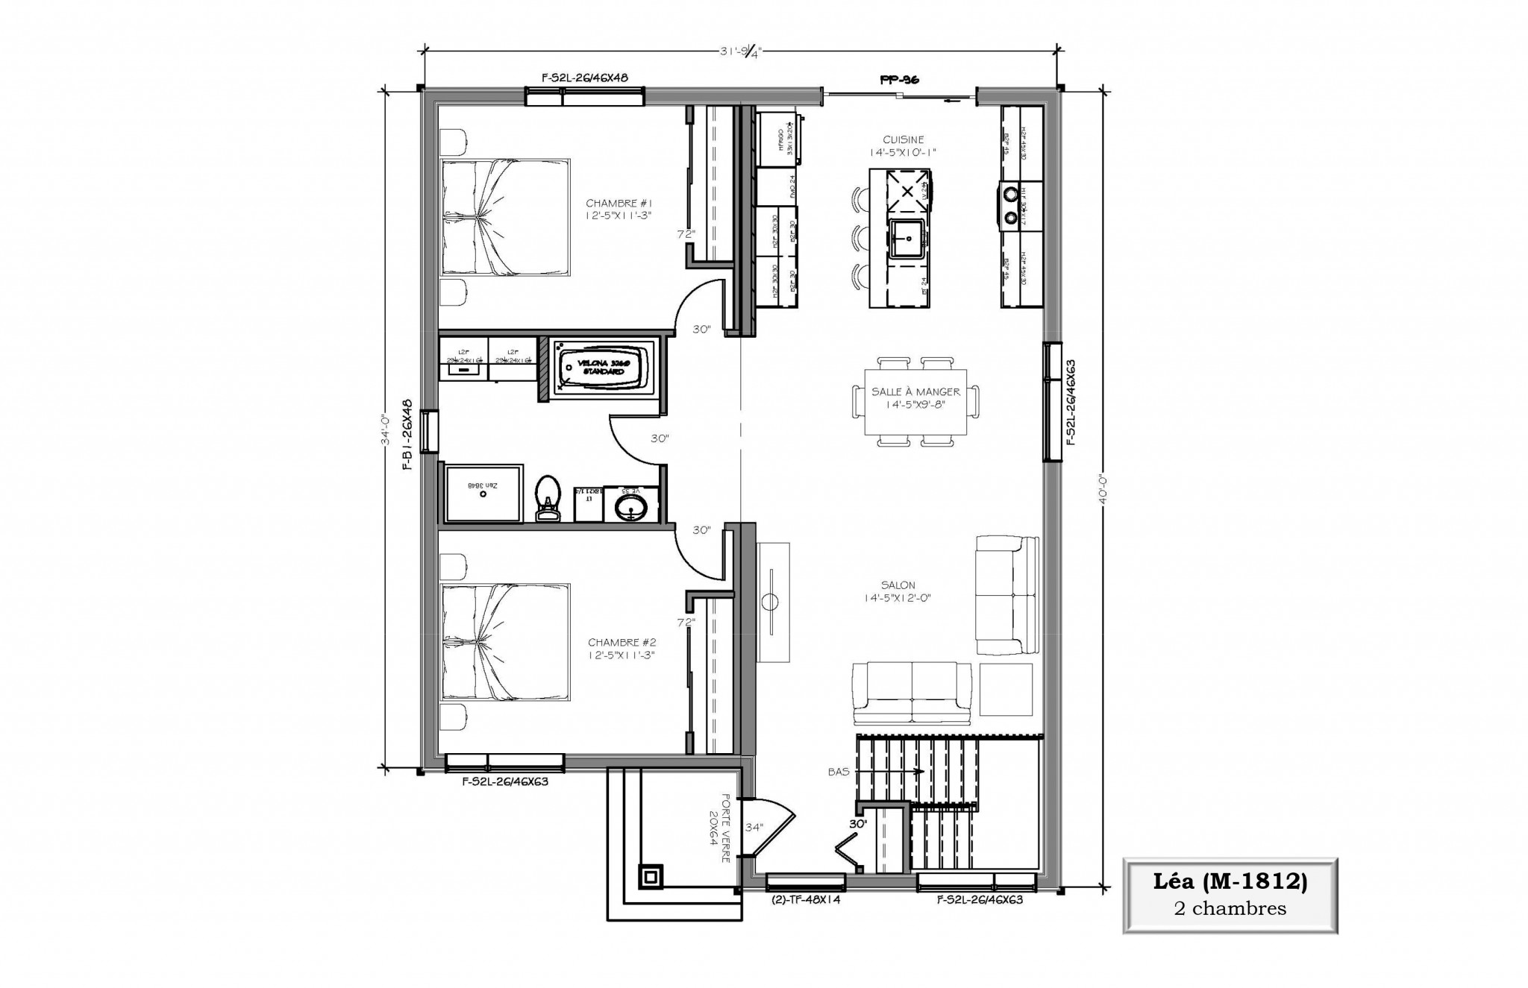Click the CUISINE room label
coord(903,140)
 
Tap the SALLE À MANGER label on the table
coord(915,392)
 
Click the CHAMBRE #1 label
coord(619,203)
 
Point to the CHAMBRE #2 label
coord(621,642)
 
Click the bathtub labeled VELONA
coord(603,367)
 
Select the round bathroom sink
coord(631,509)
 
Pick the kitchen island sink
coord(907,239)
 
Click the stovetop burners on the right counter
coord(1010,205)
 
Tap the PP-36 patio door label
coord(898,78)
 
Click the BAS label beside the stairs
coord(838,772)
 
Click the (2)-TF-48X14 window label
coord(805,900)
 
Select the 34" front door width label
coord(754,826)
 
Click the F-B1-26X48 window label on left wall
coord(407,434)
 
